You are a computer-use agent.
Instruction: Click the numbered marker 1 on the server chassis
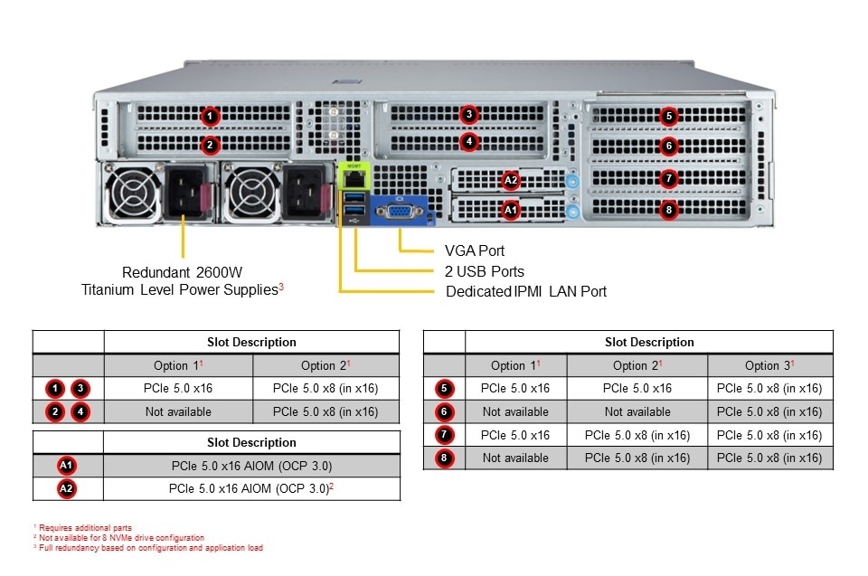coord(210,117)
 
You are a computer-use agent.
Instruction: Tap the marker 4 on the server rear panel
coord(467,142)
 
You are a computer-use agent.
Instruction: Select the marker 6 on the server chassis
coord(668,146)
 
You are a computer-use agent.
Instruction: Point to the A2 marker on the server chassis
coord(511,180)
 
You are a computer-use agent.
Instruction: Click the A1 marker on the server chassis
coord(511,210)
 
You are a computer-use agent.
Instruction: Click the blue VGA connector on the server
coord(398,211)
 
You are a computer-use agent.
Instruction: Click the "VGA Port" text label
coord(475,250)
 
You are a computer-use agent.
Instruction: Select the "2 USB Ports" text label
coord(485,271)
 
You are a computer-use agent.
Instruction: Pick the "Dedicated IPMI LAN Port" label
coord(526,291)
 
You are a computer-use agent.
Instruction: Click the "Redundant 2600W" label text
coord(183,271)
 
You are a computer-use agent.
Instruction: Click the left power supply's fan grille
coord(133,194)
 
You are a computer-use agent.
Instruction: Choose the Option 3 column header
coord(769,365)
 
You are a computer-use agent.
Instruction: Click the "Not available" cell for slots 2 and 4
coord(178,411)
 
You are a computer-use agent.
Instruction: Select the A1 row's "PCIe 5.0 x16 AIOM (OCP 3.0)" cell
coord(251,466)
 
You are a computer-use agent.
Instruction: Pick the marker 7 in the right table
coord(444,435)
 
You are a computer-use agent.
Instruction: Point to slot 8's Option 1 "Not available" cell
coord(515,458)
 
